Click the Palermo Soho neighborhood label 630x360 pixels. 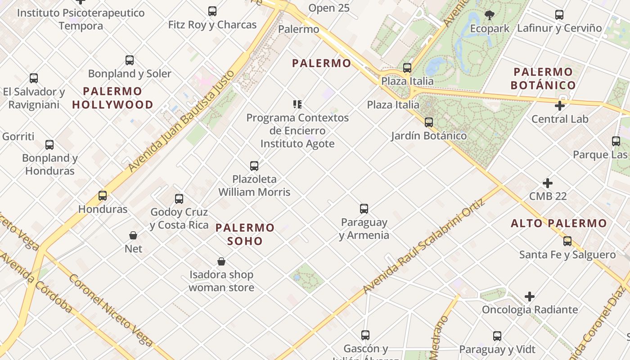coord(245,234)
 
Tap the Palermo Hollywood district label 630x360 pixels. coord(112,98)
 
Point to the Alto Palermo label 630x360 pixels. coord(559,223)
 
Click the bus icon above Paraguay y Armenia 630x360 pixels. coord(364,209)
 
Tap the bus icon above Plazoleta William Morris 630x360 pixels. coord(254,166)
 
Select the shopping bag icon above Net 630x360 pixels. coord(133,235)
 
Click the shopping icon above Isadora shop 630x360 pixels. coord(221,261)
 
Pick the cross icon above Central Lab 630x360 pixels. coord(560,106)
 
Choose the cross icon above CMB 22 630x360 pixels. coord(548,183)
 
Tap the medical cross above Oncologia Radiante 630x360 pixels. coord(530,297)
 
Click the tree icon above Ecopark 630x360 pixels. coord(490,16)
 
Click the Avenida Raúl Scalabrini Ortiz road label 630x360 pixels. coord(424,246)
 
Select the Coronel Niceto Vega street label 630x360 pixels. coord(111,310)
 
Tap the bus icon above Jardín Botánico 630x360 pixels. coord(429,122)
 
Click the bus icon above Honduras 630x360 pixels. coord(103,196)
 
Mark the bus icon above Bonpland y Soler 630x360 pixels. coord(130,60)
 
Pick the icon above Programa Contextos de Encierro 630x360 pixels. coord(297,104)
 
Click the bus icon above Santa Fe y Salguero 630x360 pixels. coord(567,241)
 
